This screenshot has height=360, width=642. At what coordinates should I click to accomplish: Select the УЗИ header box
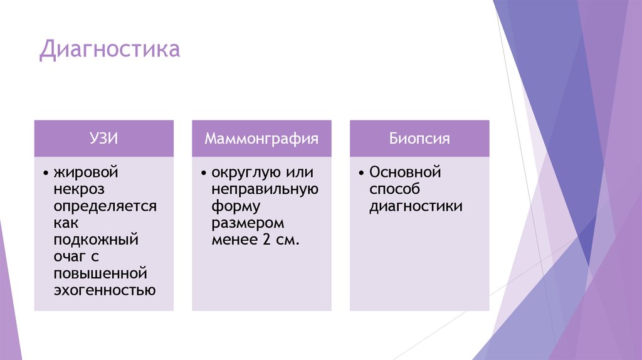(x=104, y=139)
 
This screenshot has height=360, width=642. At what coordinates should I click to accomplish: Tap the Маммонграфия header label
(x=261, y=139)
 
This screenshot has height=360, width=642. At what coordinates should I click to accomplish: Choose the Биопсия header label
(x=419, y=139)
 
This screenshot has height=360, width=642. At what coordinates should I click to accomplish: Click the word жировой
(x=87, y=172)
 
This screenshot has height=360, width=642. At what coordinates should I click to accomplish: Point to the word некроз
(x=79, y=189)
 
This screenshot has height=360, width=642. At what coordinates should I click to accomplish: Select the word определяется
(x=105, y=206)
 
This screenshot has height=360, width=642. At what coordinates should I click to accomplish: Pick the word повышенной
(x=100, y=273)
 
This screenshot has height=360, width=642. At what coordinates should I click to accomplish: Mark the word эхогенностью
(x=104, y=290)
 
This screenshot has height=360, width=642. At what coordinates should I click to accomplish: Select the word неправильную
(x=265, y=189)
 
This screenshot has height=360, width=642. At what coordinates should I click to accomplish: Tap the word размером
(x=248, y=223)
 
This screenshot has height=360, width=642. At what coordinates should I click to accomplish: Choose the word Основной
(x=406, y=172)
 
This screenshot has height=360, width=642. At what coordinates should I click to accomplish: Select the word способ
(x=394, y=189)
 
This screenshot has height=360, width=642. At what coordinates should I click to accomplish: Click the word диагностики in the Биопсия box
(x=416, y=206)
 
